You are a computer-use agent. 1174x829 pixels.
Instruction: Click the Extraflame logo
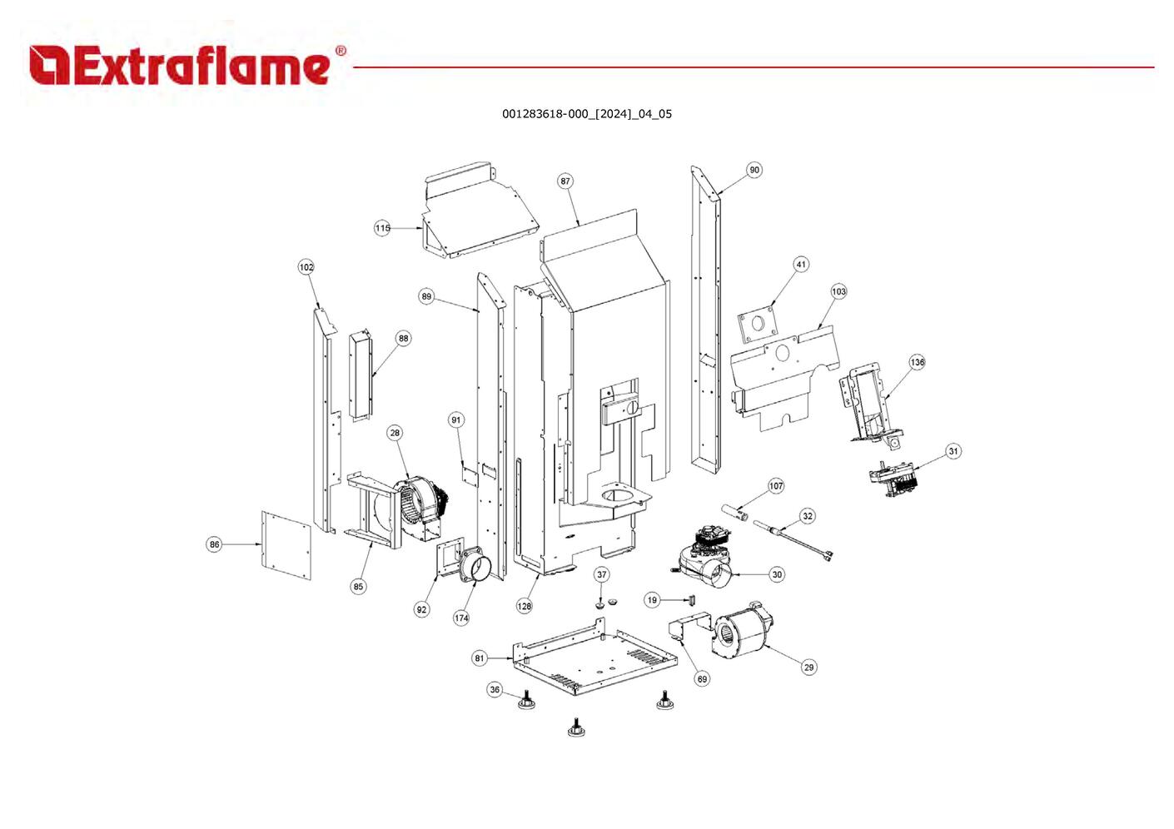click(x=187, y=65)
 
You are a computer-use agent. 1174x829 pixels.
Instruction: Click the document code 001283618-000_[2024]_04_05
click(x=586, y=114)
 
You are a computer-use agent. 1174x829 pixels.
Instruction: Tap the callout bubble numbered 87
click(x=566, y=181)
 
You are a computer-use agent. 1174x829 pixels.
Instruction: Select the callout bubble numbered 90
click(x=754, y=170)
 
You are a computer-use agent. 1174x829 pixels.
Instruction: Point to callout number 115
click(x=382, y=228)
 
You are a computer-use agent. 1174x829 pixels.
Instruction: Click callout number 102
click(x=306, y=267)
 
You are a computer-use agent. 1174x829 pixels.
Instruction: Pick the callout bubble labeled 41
click(x=801, y=265)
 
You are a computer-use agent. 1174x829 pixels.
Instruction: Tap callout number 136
click(x=917, y=362)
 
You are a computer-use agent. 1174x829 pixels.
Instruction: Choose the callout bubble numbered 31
click(x=953, y=451)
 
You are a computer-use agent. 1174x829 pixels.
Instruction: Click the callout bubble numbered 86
click(x=215, y=544)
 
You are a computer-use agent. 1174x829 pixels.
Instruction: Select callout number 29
click(x=808, y=668)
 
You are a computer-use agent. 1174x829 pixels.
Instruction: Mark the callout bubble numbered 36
click(x=495, y=690)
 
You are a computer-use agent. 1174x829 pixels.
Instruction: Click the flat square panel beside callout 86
click(x=286, y=546)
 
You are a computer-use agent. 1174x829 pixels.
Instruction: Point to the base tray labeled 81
click(x=591, y=662)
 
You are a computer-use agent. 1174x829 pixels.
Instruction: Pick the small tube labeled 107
click(x=735, y=509)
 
